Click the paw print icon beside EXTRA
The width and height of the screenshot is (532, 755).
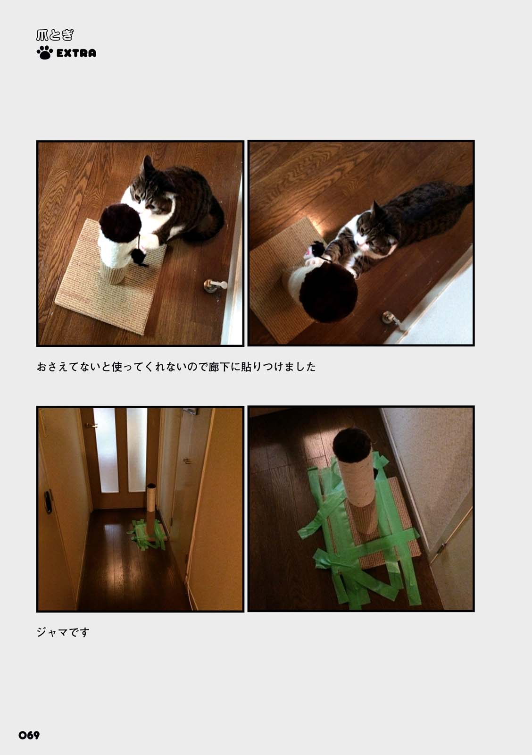click(44, 52)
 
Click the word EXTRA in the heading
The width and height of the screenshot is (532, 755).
click(76, 53)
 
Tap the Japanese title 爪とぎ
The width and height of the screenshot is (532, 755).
click(55, 35)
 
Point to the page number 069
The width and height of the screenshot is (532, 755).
click(29, 735)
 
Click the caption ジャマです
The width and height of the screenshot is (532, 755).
click(63, 632)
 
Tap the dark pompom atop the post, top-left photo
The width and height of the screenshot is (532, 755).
click(120, 222)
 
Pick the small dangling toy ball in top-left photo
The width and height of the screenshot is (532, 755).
click(139, 257)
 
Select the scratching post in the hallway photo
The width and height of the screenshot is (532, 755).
click(150, 510)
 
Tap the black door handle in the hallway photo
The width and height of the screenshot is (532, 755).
click(48, 502)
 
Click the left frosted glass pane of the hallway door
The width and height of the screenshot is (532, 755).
click(106, 450)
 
